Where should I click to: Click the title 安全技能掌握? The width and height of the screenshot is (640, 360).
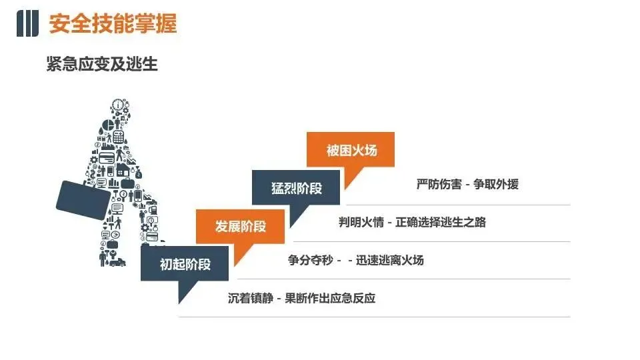(113, 25)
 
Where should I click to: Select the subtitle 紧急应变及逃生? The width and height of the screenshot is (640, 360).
(102, 65)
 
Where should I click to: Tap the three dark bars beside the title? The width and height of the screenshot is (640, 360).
(27, 25)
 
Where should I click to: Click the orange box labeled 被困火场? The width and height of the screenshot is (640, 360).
(351, 150)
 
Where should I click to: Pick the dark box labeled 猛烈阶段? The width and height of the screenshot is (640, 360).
(296, 187)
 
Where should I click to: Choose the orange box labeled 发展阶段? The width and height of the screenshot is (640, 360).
(240, 226)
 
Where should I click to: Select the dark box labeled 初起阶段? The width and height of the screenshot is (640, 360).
(185, 264)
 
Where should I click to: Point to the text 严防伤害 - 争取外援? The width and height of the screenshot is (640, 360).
(467, 185)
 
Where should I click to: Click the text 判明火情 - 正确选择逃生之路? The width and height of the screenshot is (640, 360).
(412, 223)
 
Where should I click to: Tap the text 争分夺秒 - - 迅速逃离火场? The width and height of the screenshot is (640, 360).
(355, 260)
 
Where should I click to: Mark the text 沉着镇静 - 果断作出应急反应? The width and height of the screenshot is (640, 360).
(301, 298)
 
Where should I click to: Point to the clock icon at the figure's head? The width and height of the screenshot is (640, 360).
(119, 105)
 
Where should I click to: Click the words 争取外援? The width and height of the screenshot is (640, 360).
(495, 185)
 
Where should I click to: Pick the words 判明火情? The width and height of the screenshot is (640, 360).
(361, 223)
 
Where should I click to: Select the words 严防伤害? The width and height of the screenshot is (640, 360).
(439, 185)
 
